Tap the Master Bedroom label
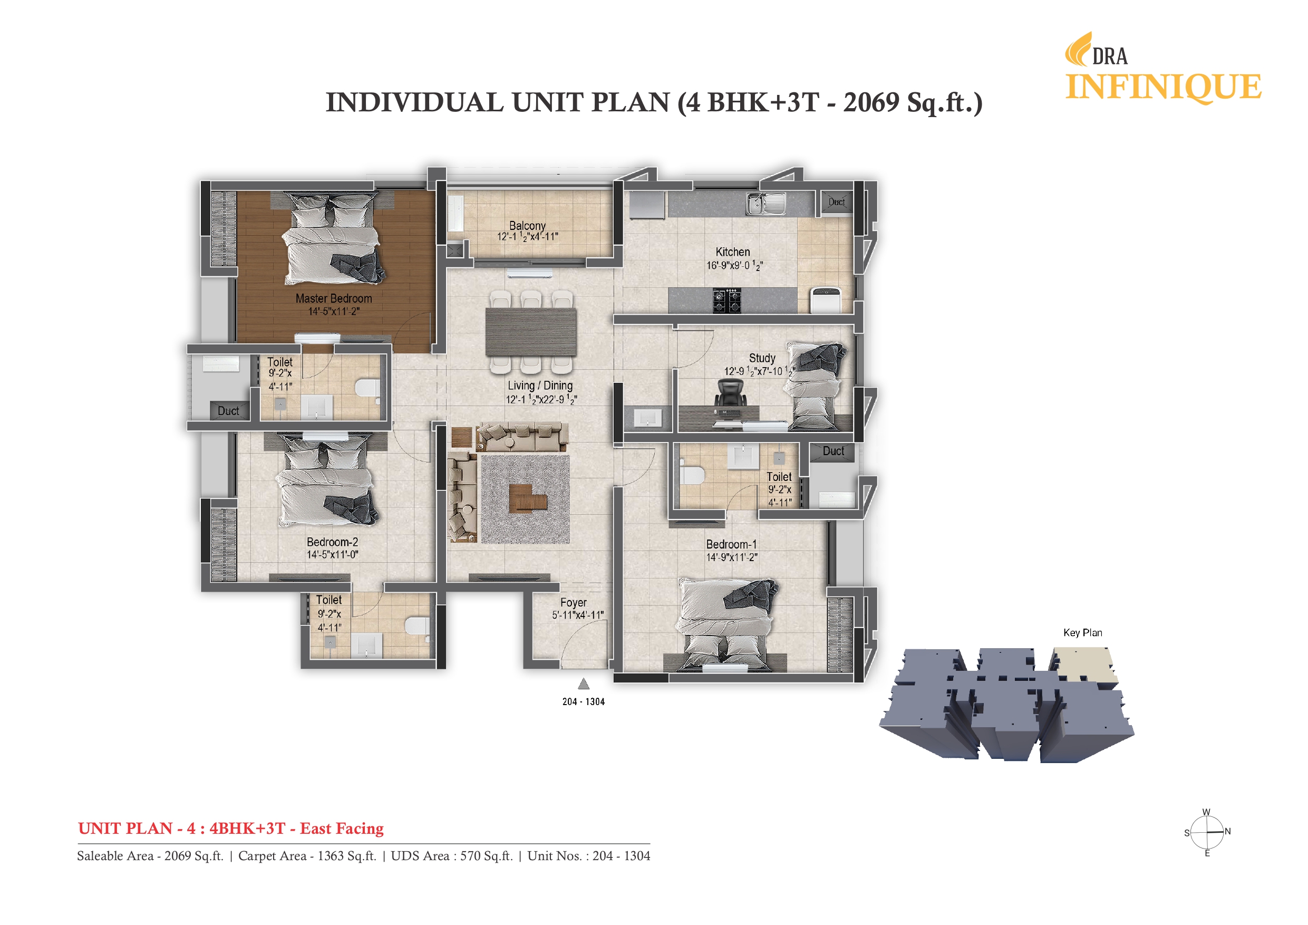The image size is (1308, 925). pyautogui.click(x=333, y=298)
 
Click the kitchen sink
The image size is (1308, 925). pyautogui.click(x=765, y=204)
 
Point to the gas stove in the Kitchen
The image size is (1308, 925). pyautogui.click(x=726, y=301)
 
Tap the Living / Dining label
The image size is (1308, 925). pyautogui.click(x=540, y=386)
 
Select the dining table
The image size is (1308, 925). pyautogui.click(x=530, y=332)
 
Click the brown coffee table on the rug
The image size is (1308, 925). pyautogui.click(x=527, y=498)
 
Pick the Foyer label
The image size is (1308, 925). pyautogui.click(x=573, y=602)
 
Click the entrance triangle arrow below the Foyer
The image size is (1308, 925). pyautogui.click(x=584, y=684)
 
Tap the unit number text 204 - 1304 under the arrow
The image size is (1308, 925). pyautogui.click(x=584, y=702)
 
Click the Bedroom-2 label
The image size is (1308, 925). pyautogui.click(x=332, y=542)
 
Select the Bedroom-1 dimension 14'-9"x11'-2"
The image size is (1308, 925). pyautogui.click(x=731, y=557)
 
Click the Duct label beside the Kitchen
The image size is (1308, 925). pyautogui.click(x=836, y=202)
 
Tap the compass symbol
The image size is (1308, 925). pyautogui.click(x=1207, y=832)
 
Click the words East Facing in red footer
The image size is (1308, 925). pyautogui.click(x=342, y=828)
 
